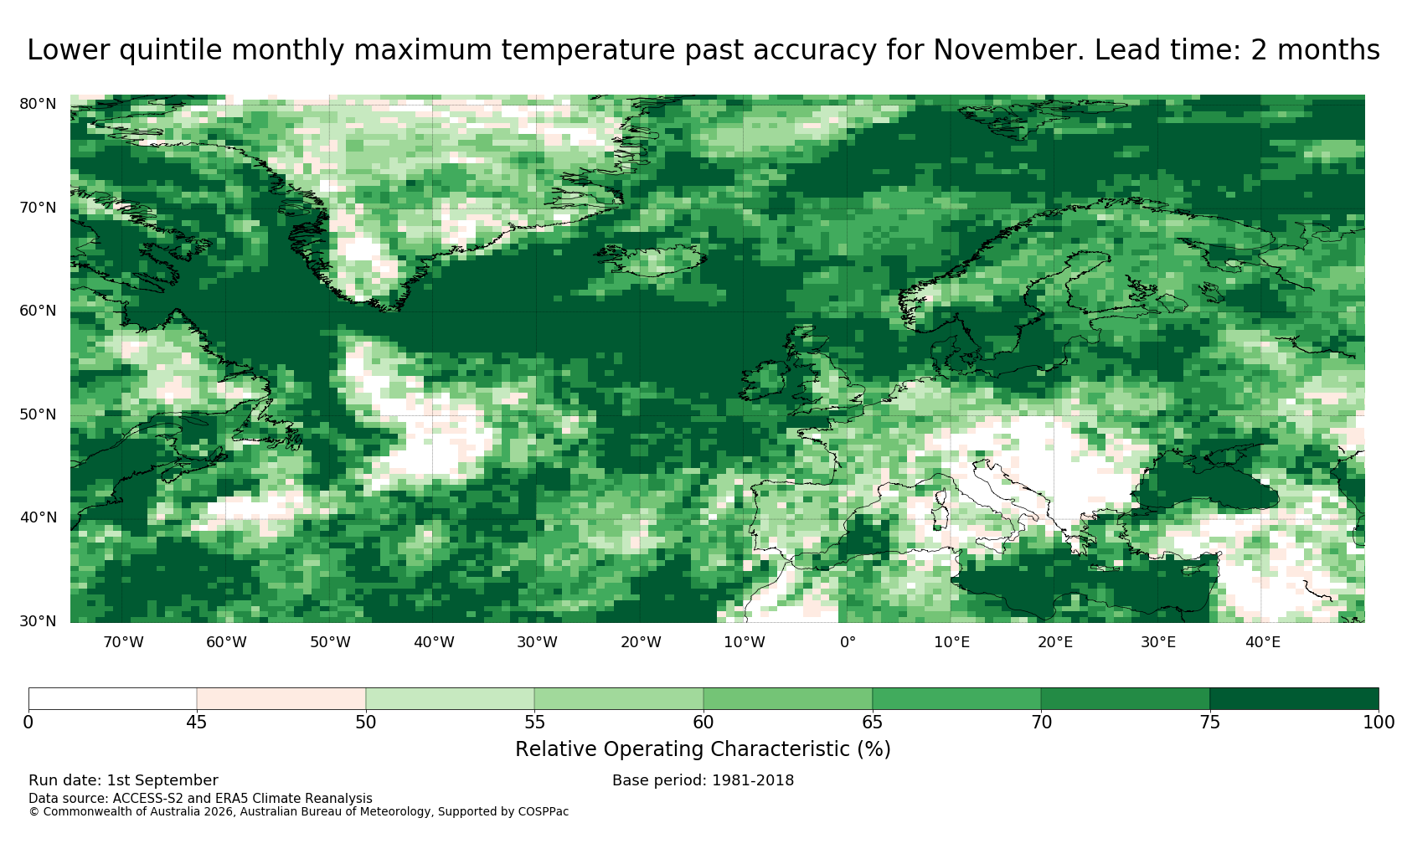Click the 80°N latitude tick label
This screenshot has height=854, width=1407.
(38, 104)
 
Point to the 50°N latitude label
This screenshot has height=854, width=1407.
(38, 414)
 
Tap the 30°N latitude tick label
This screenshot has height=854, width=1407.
(38, 621)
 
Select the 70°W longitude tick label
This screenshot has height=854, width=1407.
(123, 642)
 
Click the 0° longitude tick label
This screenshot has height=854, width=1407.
(848, 642)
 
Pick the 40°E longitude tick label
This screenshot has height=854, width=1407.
(1263, 642)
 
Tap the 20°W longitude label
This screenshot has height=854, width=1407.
(641, 642)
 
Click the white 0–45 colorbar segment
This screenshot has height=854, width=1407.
(112, 699)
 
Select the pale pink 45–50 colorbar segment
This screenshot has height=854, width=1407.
(281, 699)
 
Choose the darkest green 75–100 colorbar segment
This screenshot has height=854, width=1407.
(1294, 699)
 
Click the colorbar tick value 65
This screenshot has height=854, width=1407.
(872, 723)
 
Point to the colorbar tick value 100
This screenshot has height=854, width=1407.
(1379, 723)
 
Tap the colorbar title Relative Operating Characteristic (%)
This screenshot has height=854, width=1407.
(703, 749)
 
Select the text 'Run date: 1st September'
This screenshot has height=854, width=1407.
(123, 780)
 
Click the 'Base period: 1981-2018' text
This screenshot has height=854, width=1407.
(703, 780)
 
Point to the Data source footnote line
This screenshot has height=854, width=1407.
(200, 799)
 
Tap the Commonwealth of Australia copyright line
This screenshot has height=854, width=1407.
(298, 812)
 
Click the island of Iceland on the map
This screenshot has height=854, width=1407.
(653, 260)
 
